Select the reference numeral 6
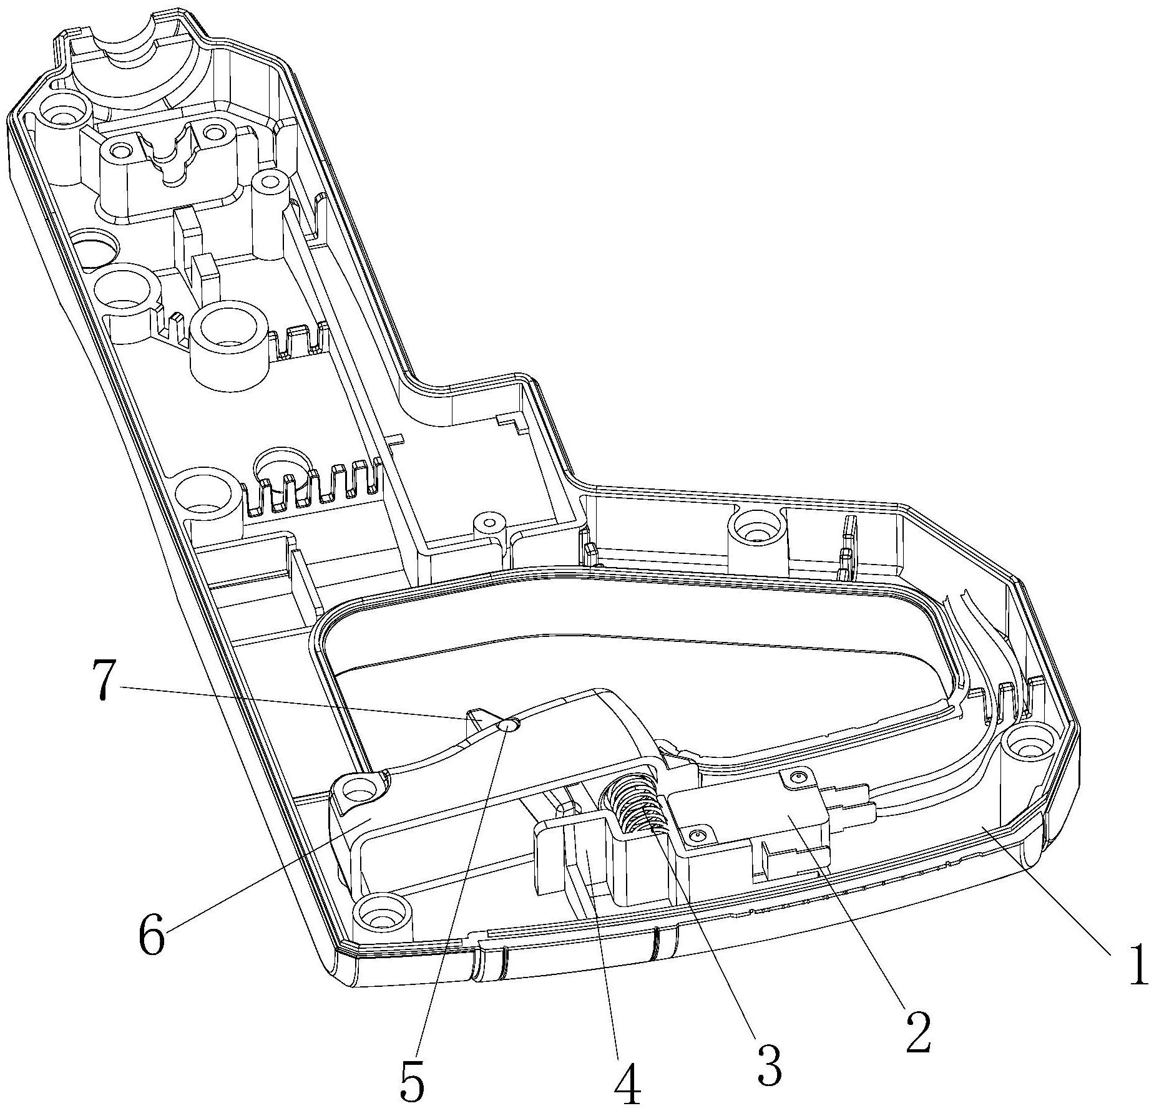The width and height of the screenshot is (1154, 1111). click(152, 933)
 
